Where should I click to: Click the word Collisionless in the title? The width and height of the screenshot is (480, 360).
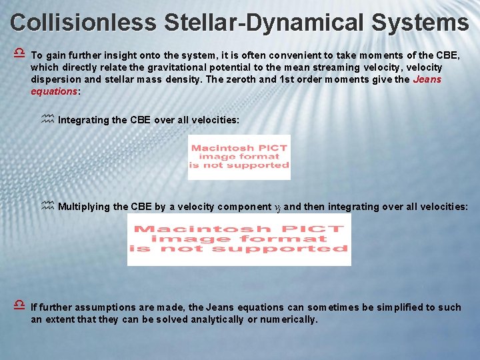pos(83,22)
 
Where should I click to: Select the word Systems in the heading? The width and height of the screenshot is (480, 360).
pos(421,22)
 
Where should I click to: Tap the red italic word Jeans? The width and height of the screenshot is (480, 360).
pos(427,79)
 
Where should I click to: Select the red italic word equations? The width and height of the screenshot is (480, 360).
pos(54,91)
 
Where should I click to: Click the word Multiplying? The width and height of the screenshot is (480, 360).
pos(85,207)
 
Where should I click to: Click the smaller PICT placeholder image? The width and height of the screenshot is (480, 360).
pos(239,157)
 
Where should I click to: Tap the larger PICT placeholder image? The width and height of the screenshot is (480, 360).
pos(239,239)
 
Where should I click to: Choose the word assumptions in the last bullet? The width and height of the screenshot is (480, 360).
pos(109,307)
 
